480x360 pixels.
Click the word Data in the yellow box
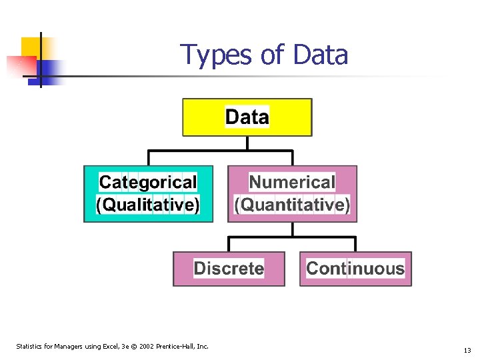point(247,117)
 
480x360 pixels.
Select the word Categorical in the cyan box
point(148,182)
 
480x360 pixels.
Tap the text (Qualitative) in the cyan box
point(148,205)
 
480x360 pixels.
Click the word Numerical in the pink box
point(292,182)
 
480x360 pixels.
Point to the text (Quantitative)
point(292,205)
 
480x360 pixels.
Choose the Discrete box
point(229,269)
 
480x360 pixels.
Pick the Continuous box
point(355,269)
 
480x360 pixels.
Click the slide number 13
point(467,350)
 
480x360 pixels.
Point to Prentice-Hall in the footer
point(176,346)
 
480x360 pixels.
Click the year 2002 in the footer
point(146,346)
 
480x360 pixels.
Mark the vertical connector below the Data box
point(247,143)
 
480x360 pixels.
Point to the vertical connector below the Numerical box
point(292,229)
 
